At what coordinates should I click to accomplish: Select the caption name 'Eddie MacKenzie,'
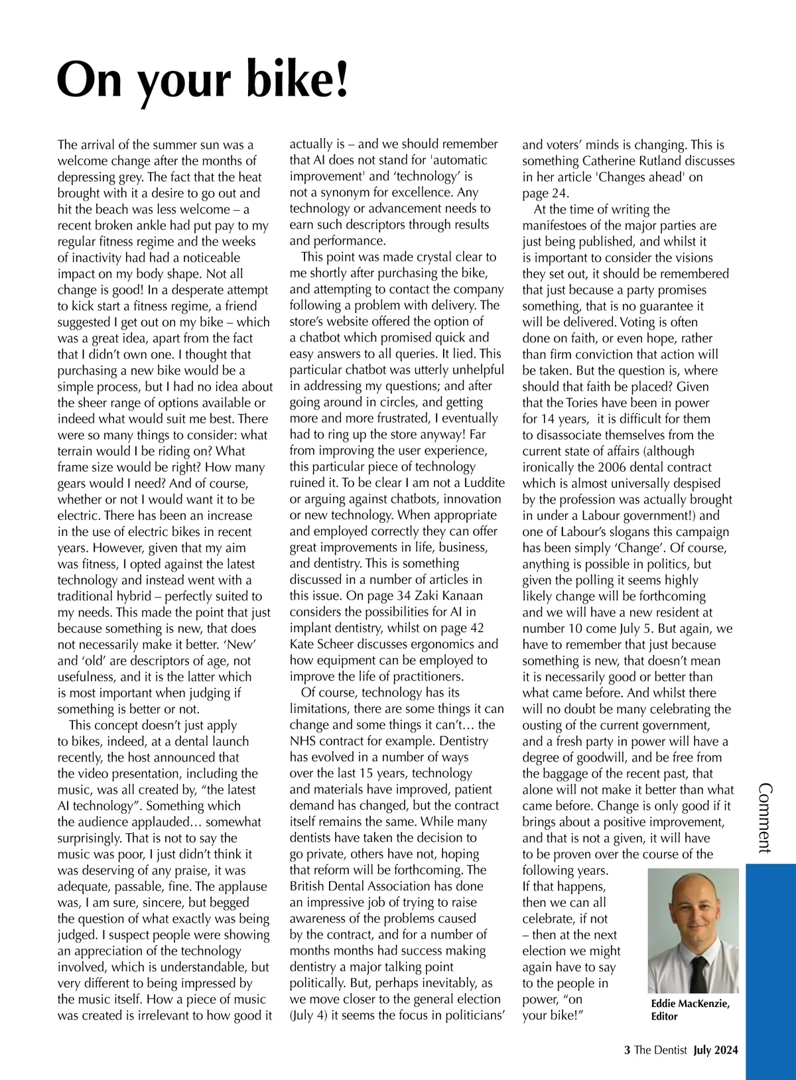[x=691, y=1004]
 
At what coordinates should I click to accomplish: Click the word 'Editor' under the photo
[x=665, y=1016]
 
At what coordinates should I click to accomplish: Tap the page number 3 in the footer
[x=627, y=1050]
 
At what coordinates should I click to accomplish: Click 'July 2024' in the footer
[x=716, y=1050]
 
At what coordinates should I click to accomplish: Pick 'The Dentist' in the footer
[x=661, y=1050]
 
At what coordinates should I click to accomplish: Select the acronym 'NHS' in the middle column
[x=303, y=741]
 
